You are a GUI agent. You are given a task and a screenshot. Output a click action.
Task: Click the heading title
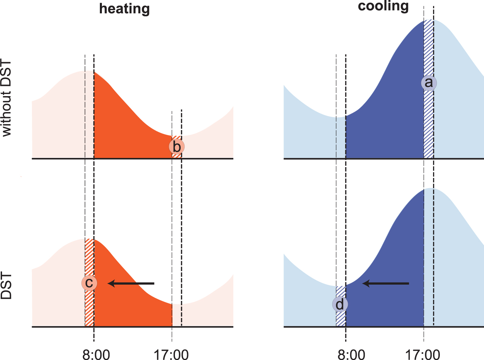[x=124, y=8]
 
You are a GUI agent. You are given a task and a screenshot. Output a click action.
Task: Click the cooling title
[x=383, y=6]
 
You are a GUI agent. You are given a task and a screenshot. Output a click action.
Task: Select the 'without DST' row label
[x=6, y=98]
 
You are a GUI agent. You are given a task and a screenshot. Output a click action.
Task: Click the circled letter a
[x=429, y=83]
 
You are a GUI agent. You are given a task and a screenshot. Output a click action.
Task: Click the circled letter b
[x=177, y=147]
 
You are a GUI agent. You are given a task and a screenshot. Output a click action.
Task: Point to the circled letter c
[x=89, y=283]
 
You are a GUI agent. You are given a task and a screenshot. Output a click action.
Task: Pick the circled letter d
[x=340, y=305]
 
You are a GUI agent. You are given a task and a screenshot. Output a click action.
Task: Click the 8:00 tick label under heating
[x=96, y=355]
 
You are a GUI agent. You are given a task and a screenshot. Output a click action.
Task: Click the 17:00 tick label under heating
[x=171, y=355]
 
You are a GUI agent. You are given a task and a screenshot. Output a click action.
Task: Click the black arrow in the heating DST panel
[x=131, y=283]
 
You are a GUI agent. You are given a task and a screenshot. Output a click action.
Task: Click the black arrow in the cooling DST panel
[x=386, y=283]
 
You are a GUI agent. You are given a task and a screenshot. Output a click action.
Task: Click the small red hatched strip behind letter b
[x=177, y=155]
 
